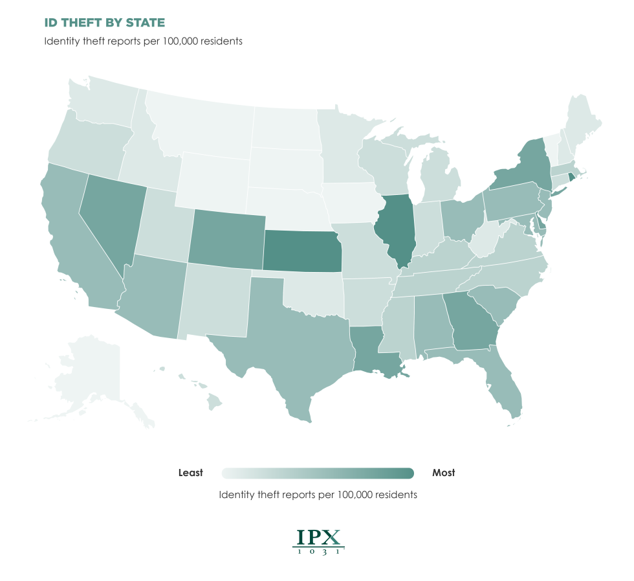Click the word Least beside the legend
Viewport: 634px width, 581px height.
click(191, 473)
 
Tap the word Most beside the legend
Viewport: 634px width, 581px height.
click(443, 473)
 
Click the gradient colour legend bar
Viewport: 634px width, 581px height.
click(317, 473)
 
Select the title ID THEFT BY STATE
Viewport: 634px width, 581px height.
click(104, 23)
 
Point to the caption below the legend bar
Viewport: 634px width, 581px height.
click(318, 495)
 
